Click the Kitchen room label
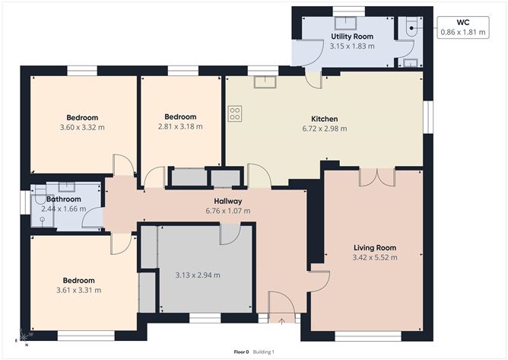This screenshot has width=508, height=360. (325, 119)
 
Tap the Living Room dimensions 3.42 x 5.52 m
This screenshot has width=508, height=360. (375, 257)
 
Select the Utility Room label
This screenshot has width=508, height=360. (351, 37)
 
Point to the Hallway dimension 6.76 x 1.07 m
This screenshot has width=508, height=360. (227, 211)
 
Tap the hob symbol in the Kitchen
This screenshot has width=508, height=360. (235, 113)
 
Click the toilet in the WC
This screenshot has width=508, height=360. (411, 26)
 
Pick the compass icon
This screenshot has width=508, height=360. (25, 336)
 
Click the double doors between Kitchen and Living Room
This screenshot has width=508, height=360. (376, 176)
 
